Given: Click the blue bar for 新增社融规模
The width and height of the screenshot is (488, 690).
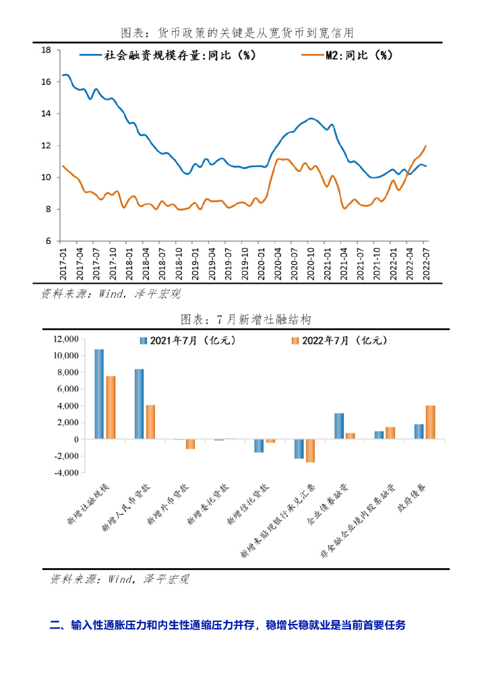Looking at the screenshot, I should click(99, 394).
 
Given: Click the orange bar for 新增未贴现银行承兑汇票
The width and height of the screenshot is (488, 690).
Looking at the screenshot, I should click(311, 451).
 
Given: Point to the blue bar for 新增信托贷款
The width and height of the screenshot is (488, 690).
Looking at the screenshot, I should click(259, 446).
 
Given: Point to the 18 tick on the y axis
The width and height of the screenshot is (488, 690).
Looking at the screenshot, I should click(47, 50).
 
